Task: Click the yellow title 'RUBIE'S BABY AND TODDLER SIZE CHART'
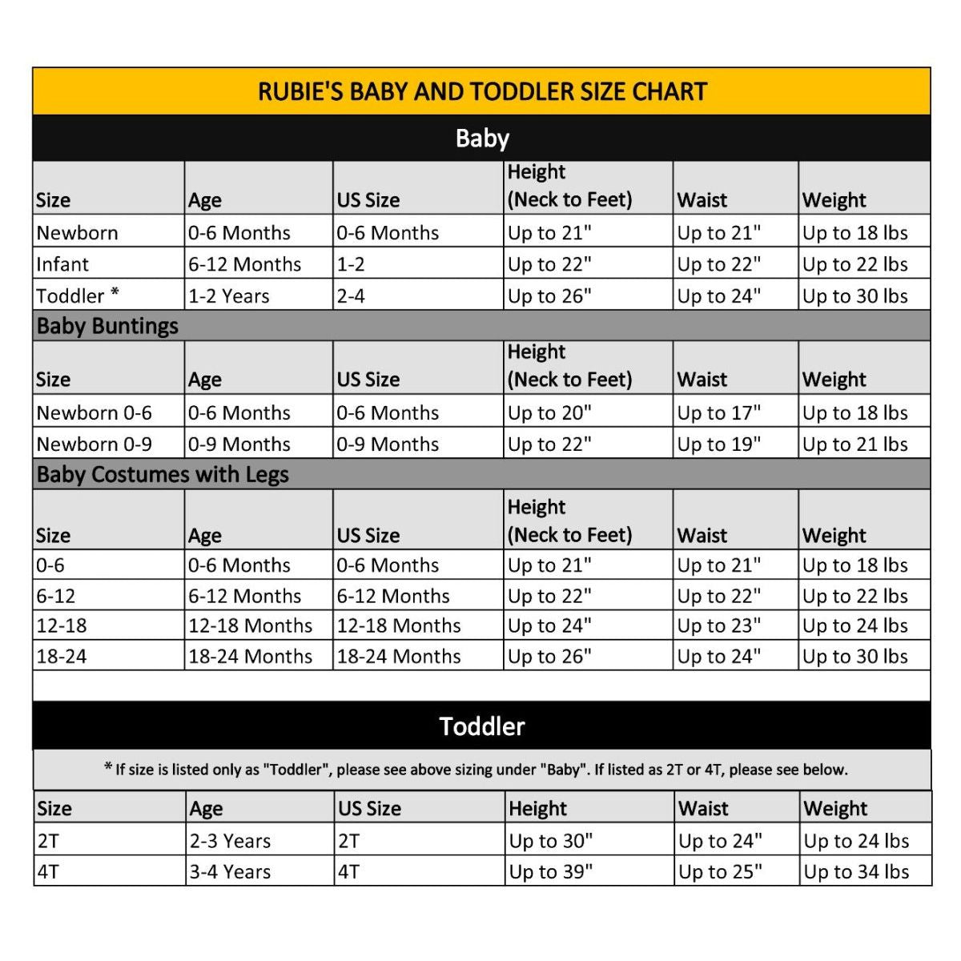click(x=482, y=91)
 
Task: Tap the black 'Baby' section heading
click(x=482, y=138)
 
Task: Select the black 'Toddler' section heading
click(x=482, y=726)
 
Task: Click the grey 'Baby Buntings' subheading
click(x=107, y=326)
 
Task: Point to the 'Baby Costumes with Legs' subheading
click(x=163, y=474)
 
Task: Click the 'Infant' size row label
click(x=62, y=264)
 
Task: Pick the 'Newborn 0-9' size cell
click(x=94, y=444)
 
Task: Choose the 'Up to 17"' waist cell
click(x=718, y=412)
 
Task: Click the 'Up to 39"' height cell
click(x=550, y=871)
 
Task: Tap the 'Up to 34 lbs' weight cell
click(x=856, y=871)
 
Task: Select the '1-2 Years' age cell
click(x=228, y=296)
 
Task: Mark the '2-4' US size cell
click(x=351, y=296)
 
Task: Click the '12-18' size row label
click(x=62, y=625)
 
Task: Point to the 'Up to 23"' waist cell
click(x=718, y=625)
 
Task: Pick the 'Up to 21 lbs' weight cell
click(x=854, y=444)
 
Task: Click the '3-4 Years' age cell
click(x=230, y=871)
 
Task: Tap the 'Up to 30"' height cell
click(x=550, y=841)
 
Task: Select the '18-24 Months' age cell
click(x=250, y=656)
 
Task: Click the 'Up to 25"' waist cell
click(x=720, y=871)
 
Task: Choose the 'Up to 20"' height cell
click(x=549, y=412)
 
